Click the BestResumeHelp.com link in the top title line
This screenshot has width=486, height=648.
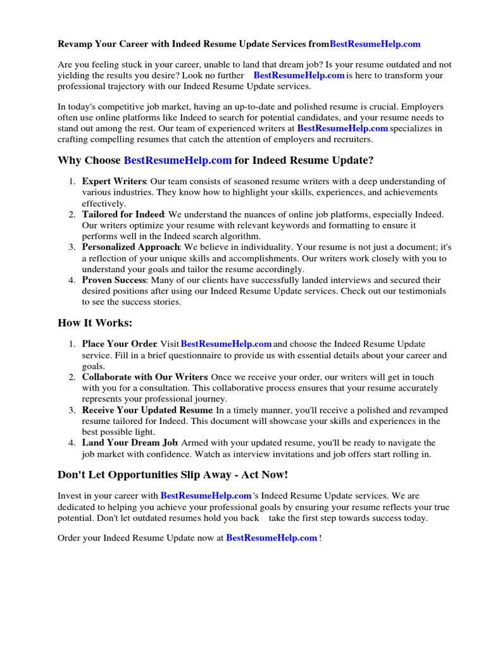click(x=375, y=44)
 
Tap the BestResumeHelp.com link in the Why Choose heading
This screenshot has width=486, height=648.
click(x=178, y=161)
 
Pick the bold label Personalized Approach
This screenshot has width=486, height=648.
click(x=131, y=247)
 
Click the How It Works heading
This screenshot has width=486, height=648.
click(x=95, y=323)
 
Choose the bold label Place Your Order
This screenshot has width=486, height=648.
click(x=119, y=344)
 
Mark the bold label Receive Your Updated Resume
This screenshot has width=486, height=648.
click(x=147, y=410)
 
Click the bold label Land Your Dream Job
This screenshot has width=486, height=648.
click(x=130, y=443)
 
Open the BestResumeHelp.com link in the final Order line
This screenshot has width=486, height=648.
click(x=271, y=538)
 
